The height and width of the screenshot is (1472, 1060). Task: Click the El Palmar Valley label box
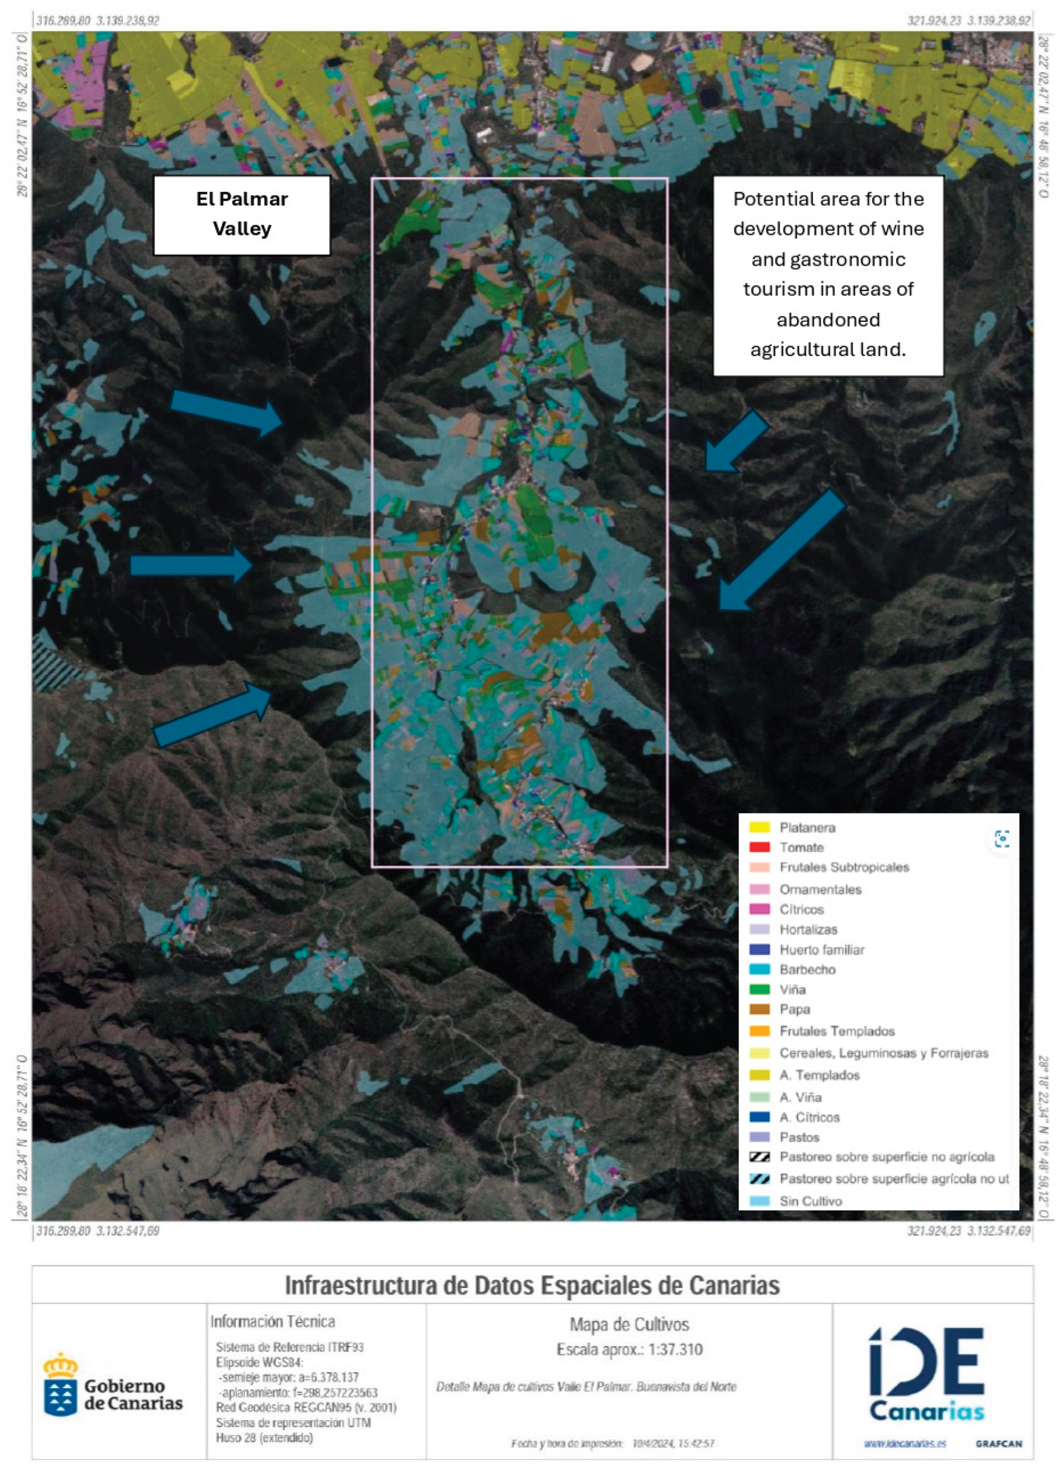coord(242,214)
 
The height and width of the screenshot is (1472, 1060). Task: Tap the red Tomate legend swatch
coord(759,847)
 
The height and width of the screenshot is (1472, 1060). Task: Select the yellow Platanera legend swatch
coord(759,827)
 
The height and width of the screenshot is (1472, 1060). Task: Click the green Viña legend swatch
coord(759,989)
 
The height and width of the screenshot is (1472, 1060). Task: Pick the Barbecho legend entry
coord(807,969)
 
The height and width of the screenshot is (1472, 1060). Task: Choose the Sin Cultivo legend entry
coord(810,1201)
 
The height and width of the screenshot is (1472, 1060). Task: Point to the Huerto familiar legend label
coord(822,949)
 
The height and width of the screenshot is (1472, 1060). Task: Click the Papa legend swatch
coord(759,1009)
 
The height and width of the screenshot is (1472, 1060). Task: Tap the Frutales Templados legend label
coord(837,1031)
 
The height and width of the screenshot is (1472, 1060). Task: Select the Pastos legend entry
coord(799,1137)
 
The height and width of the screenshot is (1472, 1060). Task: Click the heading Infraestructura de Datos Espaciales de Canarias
coord(532,1285)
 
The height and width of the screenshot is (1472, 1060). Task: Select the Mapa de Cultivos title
coord(629,1324)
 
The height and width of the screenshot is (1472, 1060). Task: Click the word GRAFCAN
coord(998,1444)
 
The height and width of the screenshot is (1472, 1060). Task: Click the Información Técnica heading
coord(273,1321)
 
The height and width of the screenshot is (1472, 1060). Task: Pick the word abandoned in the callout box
coord(828,319)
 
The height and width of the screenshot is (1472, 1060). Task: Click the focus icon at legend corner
coord(1002,838)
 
